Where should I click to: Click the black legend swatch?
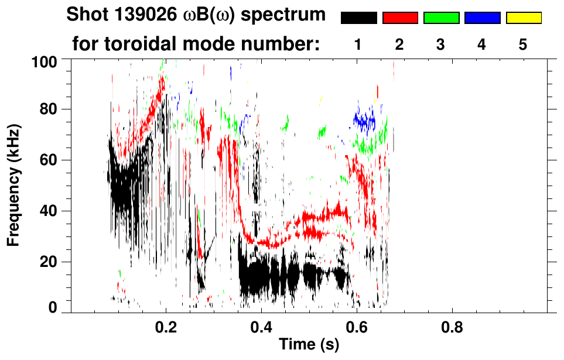(358, 18)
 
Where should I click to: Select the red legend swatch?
(400, 18)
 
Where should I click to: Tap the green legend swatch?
(441, 18)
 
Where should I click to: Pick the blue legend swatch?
(482, 18)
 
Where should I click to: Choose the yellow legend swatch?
(524, 18)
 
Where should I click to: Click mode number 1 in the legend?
(358, 44)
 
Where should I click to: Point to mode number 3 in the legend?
(441, 44)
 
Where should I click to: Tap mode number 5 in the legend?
(524, 44)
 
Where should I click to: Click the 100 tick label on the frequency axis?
(45, 61)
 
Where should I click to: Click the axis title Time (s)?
(309, 344)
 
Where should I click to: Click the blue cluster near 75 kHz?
(364, 121)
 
